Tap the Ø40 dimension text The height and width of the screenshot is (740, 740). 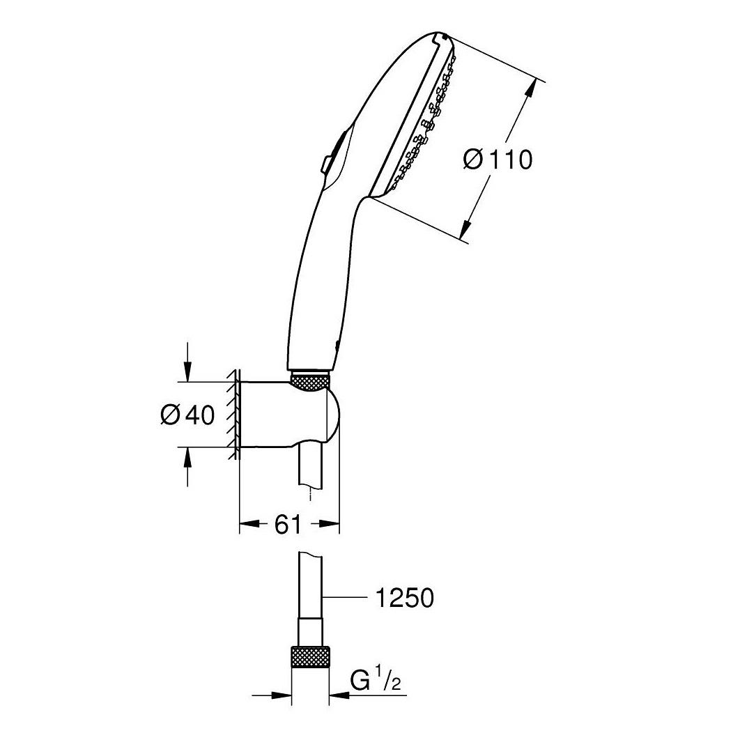[187, 415]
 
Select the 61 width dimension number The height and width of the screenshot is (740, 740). [288, 523]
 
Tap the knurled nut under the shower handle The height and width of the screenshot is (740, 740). [309, 381]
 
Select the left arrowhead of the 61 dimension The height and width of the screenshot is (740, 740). [249, 523]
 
